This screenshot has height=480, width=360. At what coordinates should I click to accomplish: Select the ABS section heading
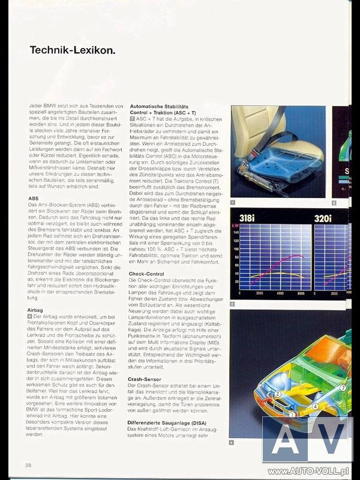34,198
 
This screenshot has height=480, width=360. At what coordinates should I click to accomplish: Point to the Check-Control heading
146,274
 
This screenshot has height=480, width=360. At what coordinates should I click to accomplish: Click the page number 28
28,465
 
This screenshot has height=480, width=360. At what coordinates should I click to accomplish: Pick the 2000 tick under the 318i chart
259,294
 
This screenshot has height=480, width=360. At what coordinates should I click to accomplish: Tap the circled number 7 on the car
343,388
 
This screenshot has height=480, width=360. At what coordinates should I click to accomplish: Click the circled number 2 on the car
278,394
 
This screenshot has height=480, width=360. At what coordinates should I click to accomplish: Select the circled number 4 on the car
315,407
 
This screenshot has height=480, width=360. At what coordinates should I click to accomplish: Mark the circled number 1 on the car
292,414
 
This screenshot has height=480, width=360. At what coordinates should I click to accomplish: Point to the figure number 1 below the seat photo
233,203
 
